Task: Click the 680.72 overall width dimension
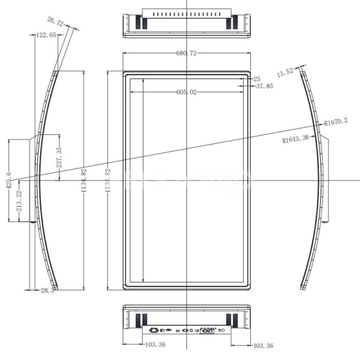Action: [x=187, y=53]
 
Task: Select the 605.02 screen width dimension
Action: [x=187, y=92]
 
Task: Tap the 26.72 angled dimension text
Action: [x=55, y=22]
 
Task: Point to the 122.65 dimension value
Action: [x=46, y=35]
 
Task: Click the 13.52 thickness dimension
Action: [x=285, y=73]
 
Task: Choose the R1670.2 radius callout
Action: [x=336, y=121]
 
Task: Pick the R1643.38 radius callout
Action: [x=295, y=139]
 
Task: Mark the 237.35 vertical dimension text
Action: [x=59, y=157]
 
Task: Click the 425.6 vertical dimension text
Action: [x=9, y=180]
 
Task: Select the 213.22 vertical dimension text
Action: [x=19, y=201]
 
